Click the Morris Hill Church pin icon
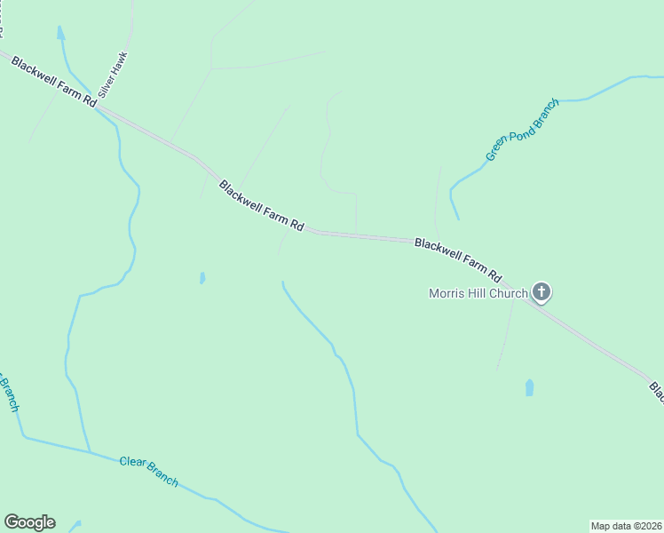pos(541,291)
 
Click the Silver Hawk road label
pos(114,74)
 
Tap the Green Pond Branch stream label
pos(522,130)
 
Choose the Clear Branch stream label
pos(148,471)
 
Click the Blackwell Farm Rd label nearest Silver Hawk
pos(52,80)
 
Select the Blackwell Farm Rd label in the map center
pos(261,207)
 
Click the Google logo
pos(29,522)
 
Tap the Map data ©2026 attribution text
pos(626,525)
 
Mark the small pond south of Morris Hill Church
pos(530,387)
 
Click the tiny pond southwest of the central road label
pos(202,278)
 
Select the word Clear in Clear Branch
pos(134,465)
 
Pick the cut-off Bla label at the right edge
pos(657,393)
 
